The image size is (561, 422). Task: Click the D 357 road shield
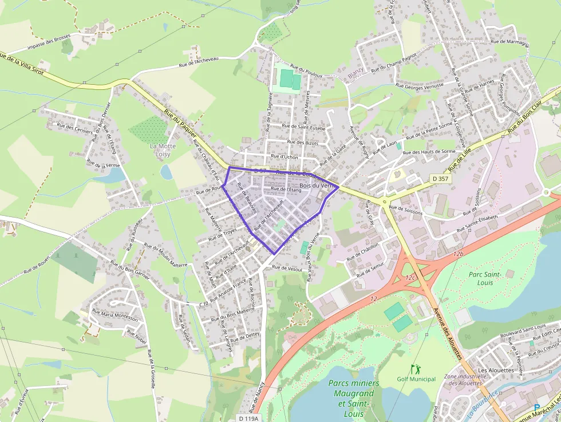440,179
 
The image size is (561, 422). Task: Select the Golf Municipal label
416,379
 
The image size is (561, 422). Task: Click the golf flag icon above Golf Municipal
414,369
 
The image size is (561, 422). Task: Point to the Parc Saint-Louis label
485,279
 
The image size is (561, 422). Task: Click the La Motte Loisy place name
163,150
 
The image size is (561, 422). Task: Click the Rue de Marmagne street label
509,42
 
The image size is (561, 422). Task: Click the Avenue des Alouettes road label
448,332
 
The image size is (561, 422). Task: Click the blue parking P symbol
536,407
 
